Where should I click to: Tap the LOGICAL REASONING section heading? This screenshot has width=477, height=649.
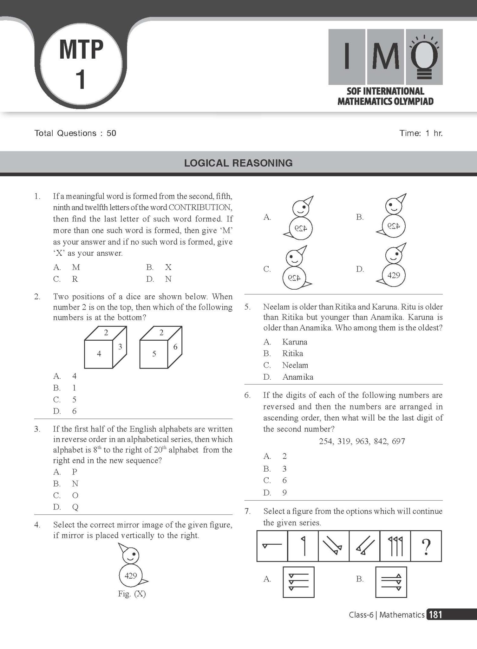coord(238,163)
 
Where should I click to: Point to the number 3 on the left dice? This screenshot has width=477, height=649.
coord(120,347)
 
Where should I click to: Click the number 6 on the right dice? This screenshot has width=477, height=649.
coord(175,347)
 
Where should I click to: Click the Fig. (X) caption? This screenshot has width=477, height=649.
coord(132,594)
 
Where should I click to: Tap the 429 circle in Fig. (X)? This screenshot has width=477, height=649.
coord(130,575)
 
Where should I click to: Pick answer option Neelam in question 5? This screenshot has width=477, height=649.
coord(295,365)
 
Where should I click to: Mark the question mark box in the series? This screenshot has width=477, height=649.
coord(426,546)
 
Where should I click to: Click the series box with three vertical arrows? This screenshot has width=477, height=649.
coord(395,546)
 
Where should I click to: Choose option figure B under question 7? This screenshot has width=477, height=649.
coord(391,582)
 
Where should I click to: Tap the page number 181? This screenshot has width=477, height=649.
coord(435,615)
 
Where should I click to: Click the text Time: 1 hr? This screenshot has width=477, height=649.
coord(421,133)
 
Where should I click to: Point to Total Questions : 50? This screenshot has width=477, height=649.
coord(75,133)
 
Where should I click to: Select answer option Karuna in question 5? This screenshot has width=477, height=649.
coord(295,342)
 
